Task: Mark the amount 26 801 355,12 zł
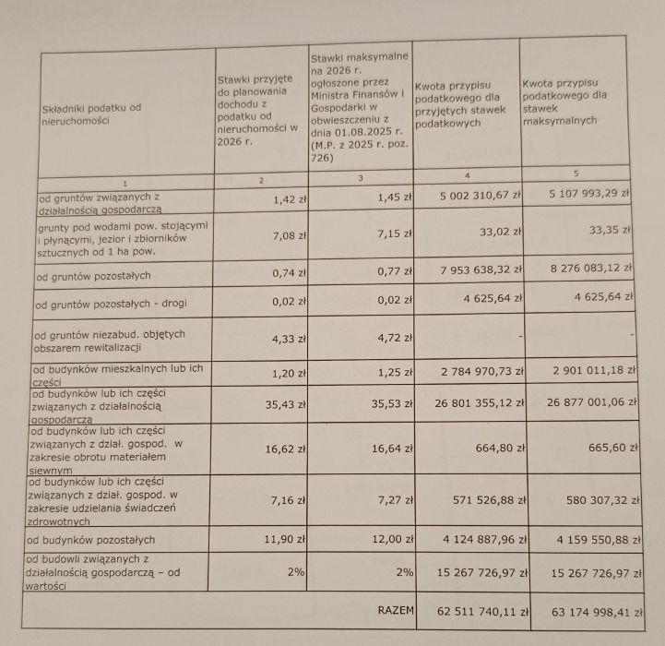pyautogui.click(x=473, y=402)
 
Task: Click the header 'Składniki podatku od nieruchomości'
pyautogui.click(x=92, y=114)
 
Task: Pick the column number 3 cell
pyautogui.click(x=360, y=176)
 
